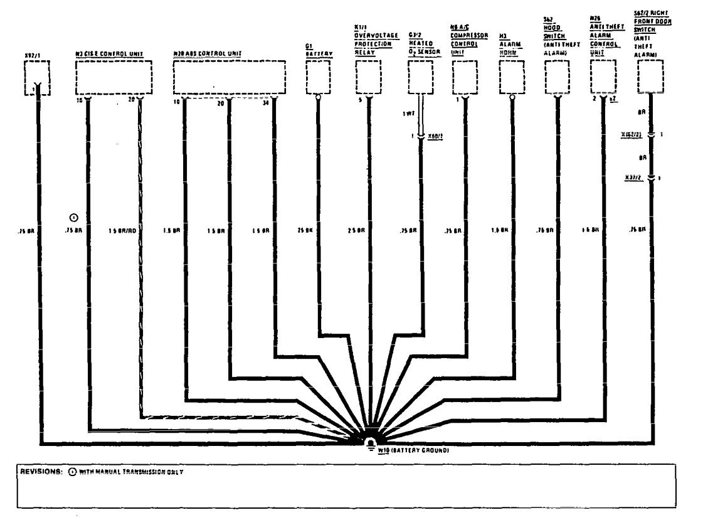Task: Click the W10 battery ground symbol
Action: pos(371,443)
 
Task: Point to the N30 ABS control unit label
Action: pos(208,55)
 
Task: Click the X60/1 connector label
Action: pos(434,135)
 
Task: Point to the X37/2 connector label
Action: pos(632,178)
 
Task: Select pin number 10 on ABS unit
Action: pos(177,101)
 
